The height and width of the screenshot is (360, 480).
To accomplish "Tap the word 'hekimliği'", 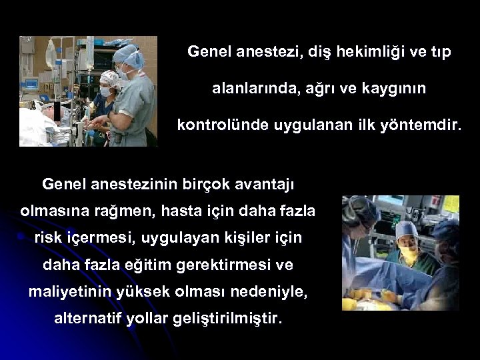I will (x=369, y=52).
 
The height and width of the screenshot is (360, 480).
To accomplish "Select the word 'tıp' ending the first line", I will (x=438, y=52).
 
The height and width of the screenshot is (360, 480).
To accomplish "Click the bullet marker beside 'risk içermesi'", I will (x=21, y=237).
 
